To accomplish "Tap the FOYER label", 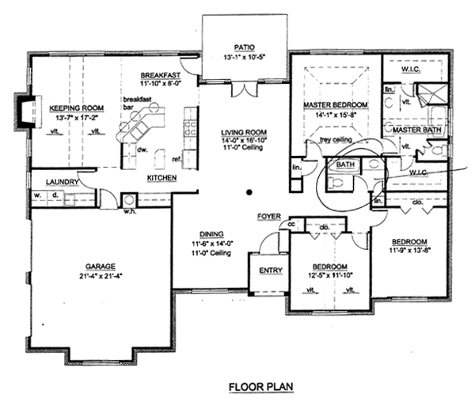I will [x=269, y=215].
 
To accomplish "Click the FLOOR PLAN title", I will [x=260, y=387].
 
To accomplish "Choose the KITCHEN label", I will [x=161, y=178].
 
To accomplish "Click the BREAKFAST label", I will [x=163, y=73].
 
